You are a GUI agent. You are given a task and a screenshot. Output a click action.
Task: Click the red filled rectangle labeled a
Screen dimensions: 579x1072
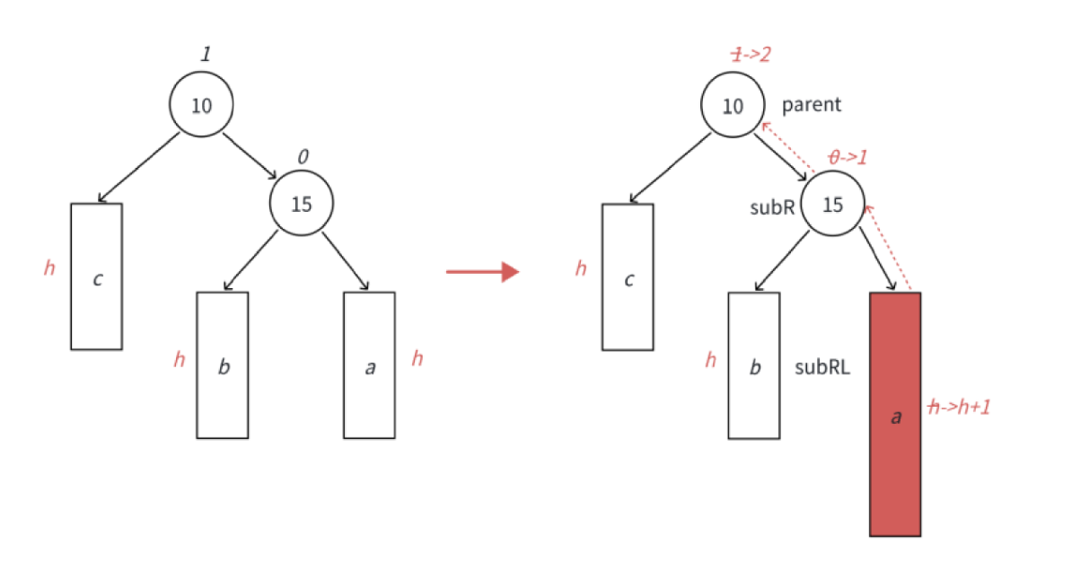894,414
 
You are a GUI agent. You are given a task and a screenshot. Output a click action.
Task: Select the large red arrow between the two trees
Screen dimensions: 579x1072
482,271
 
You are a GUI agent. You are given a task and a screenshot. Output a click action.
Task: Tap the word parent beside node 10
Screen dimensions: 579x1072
812,105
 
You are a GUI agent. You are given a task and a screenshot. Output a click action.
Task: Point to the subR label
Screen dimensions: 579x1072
772,206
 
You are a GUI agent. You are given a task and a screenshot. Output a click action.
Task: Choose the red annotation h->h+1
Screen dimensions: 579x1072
959,408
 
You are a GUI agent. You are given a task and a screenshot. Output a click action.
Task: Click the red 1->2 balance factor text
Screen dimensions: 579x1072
751,56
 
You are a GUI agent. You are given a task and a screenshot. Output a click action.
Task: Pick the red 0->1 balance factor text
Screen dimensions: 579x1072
848,157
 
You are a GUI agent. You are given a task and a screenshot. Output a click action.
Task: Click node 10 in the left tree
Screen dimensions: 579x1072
202,105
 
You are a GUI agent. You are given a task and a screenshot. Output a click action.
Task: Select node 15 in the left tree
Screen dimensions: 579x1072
302,204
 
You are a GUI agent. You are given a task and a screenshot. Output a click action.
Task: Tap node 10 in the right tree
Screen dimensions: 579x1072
734,106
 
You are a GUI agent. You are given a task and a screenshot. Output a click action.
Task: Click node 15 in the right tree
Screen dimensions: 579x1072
833,205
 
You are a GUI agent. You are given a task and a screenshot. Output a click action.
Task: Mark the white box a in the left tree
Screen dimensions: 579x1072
369,365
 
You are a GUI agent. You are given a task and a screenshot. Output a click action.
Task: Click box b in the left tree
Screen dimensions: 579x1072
223,365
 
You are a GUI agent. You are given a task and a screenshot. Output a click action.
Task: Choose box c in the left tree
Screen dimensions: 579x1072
97,276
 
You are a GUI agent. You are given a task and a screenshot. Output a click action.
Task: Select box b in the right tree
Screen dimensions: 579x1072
754,365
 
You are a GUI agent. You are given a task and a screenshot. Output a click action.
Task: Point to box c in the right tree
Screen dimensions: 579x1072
628,276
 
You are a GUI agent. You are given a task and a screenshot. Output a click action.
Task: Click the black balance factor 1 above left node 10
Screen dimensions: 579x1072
206,55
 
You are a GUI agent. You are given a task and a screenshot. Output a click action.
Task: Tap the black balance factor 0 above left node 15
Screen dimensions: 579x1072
303,157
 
